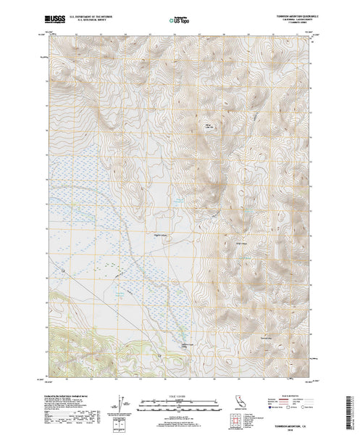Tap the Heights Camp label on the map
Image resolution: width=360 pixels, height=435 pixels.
[160, 233]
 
